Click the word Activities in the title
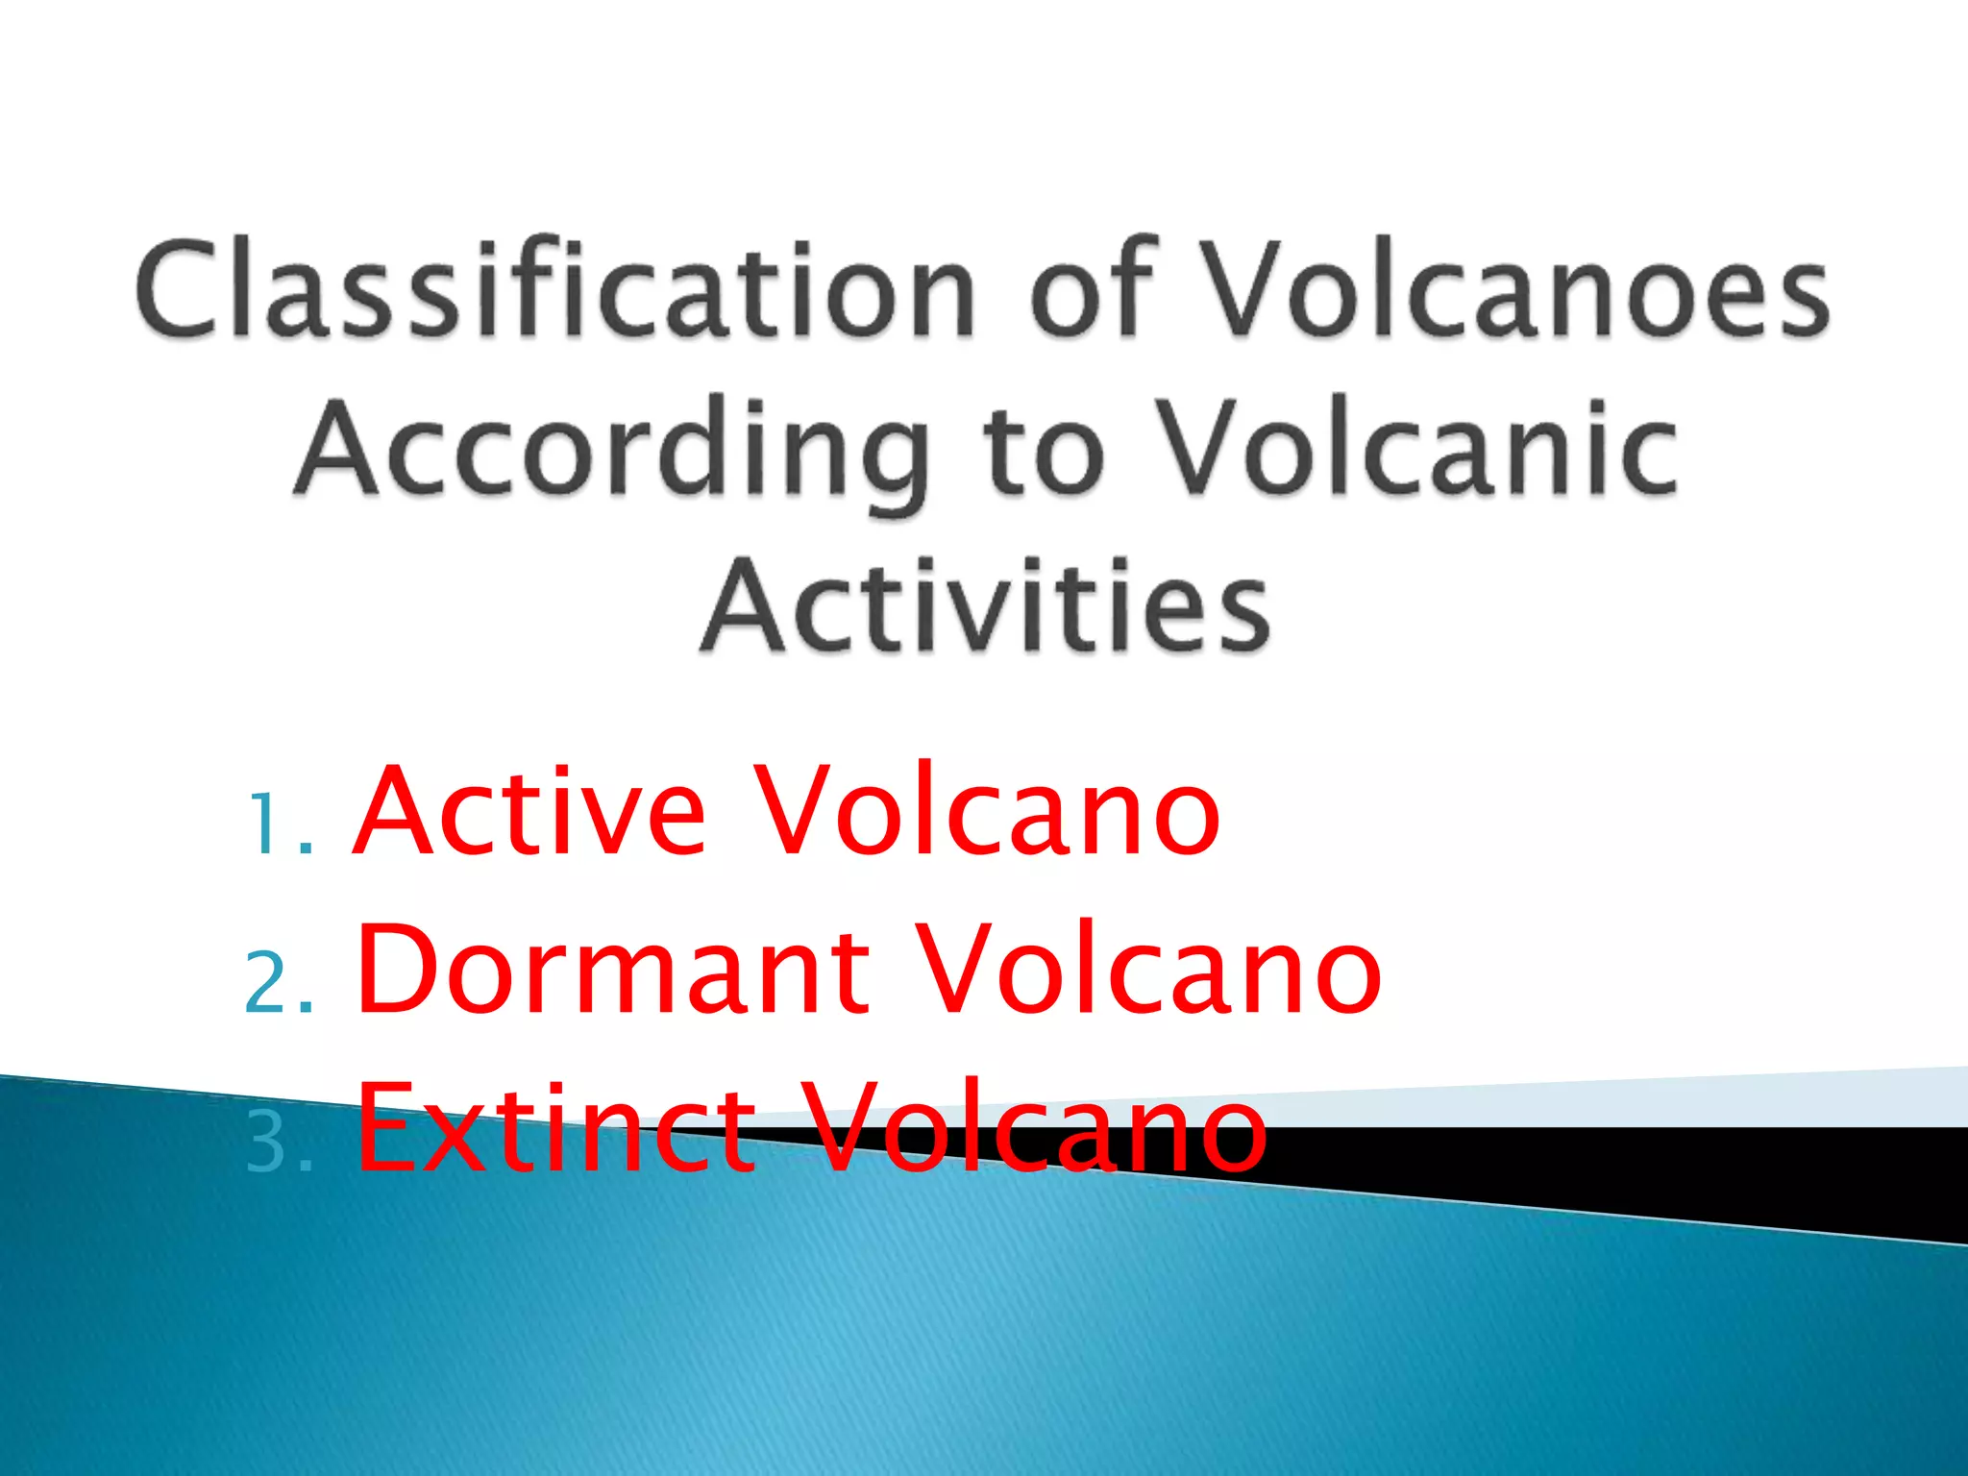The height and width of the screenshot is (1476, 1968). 986,607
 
